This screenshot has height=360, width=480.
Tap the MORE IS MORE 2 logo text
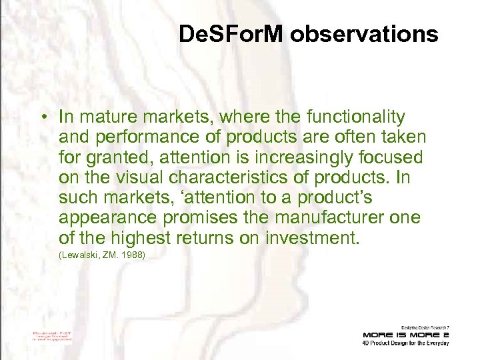(406, 334)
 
